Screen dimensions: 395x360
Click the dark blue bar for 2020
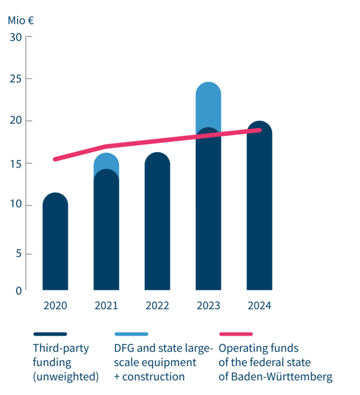55,246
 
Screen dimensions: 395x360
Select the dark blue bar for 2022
157,228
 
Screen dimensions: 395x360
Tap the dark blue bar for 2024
259,216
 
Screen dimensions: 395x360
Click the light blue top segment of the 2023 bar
208,102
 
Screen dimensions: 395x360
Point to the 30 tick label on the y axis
16,37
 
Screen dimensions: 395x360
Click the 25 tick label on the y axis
16,79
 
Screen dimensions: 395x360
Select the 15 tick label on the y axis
16,164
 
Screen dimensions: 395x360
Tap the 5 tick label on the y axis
19,254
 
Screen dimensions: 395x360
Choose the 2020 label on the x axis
55,306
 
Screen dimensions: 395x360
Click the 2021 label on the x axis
106,306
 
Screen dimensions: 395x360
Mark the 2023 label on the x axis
208,306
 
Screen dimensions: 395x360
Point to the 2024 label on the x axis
259,306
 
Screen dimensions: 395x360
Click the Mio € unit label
20,19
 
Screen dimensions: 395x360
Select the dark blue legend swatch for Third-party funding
50,333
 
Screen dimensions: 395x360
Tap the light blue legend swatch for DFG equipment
131,333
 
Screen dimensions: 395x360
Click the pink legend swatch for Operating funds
235,333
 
